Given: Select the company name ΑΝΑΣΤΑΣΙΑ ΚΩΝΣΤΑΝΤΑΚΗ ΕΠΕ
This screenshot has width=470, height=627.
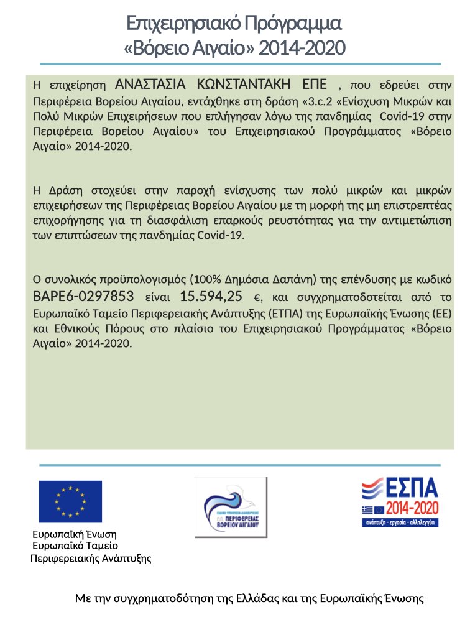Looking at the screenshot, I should coord(221,85).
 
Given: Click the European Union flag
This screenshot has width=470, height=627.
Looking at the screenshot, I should coord(70,501).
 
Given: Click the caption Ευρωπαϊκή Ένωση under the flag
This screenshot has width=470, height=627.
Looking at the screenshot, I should coord(75,534).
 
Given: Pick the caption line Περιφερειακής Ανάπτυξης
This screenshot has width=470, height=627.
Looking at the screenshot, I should coord(91,558).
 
